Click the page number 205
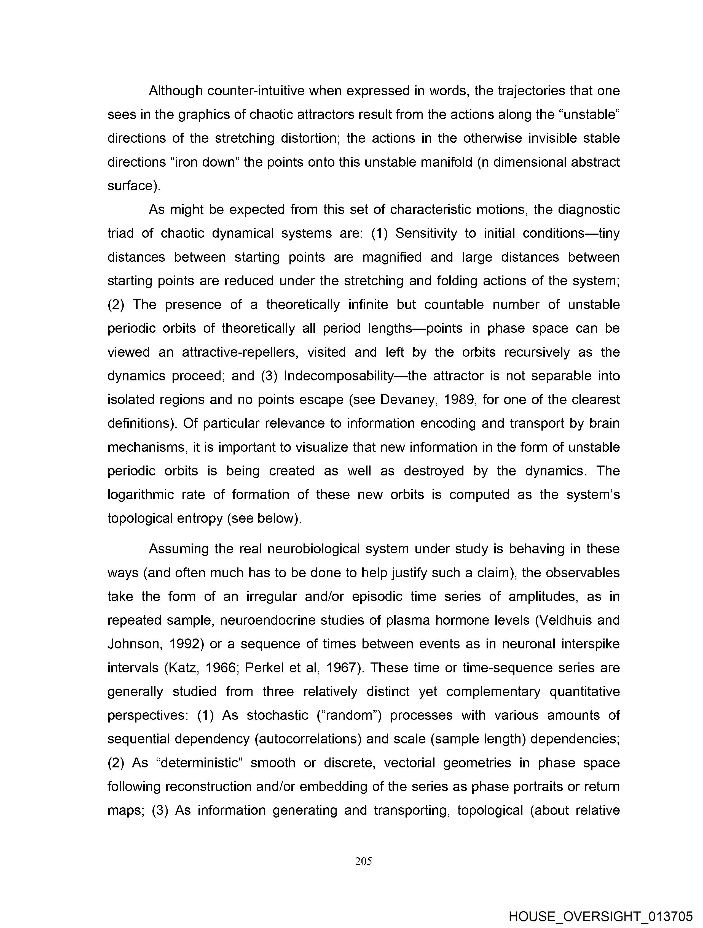(x=363, y=861)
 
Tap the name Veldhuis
(x=564, y=620)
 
